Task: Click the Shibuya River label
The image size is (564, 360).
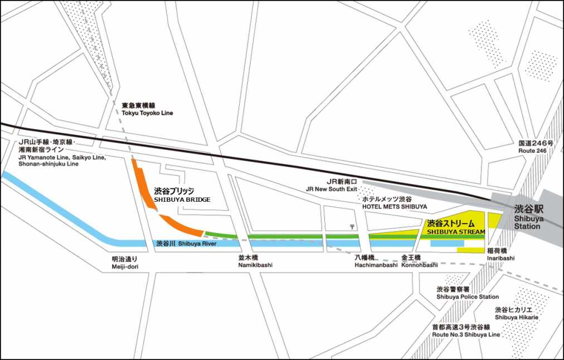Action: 186,244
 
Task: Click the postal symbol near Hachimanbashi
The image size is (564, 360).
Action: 352,226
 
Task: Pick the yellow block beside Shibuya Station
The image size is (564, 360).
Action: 494,220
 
